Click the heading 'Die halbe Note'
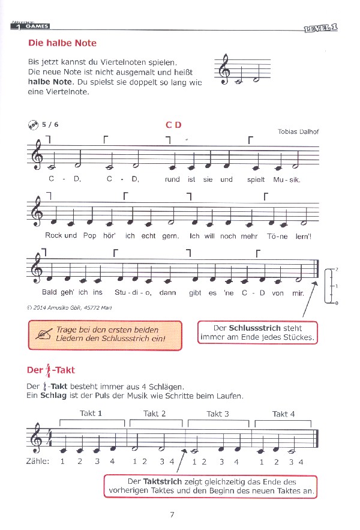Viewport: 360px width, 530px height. pos(62,43)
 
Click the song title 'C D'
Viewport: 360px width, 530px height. pos(173,125)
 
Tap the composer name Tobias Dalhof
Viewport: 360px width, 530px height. pos(296,132)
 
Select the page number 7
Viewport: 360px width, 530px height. pos(172,514)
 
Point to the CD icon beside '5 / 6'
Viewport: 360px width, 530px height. pos(33,125)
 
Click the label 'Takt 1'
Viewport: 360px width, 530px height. pos(91,413)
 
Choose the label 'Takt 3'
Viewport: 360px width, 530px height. pos(218,414)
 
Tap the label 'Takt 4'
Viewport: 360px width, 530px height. pos(283,414)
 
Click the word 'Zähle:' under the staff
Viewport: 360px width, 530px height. pos(38,462)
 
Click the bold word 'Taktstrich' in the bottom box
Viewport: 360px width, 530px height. pos(158,481)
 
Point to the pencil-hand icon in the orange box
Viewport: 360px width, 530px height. pos(43,334)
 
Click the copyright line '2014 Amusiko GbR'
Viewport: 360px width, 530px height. pos(69,307)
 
